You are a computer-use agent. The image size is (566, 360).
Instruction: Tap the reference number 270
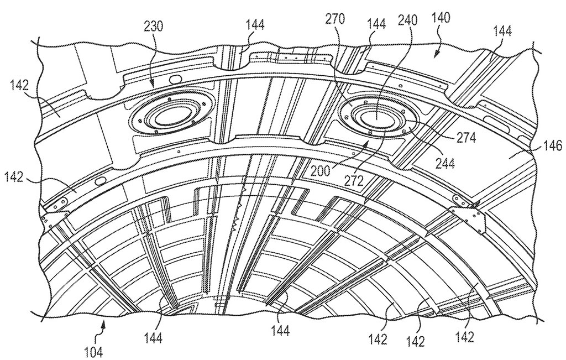click(x=336, y=19)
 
